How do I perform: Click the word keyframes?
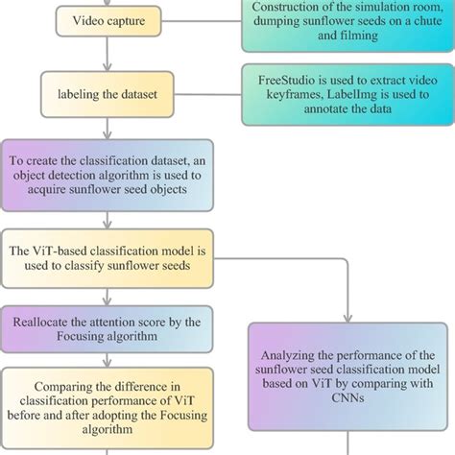tap(298, 97)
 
